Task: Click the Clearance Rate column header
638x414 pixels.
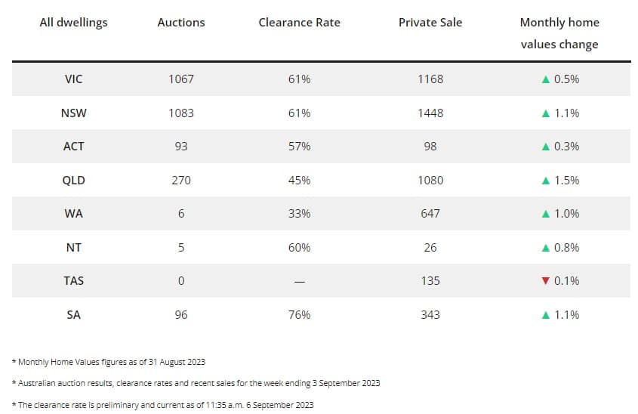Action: tap(299, 23)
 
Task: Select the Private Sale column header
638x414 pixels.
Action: tap(430, 23)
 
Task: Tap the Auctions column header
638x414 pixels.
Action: tap(181, 23)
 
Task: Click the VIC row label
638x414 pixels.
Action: tap(74, 79)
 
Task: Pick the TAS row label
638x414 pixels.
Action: tap(74, 281)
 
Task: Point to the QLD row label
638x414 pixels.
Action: tap(74, 181)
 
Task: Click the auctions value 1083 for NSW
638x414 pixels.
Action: tap(181, 113)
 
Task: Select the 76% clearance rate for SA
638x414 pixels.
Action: tap(299, 315)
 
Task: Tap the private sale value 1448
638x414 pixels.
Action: tap(430, 113)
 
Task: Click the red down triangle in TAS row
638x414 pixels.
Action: tap(545, 281)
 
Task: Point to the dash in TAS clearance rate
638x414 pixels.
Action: tap(299, 282)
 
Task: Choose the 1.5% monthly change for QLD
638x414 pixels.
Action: tap(566, 181)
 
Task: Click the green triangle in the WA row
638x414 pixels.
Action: tap(545, 214)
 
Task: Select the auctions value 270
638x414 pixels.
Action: tap(181, 181)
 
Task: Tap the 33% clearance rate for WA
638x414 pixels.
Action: tap(299, 214)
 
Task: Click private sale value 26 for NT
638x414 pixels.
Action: tap(430, 248)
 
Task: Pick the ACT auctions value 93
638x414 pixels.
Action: tap(181, 147)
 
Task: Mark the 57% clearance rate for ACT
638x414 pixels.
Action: tap(299, 147)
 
